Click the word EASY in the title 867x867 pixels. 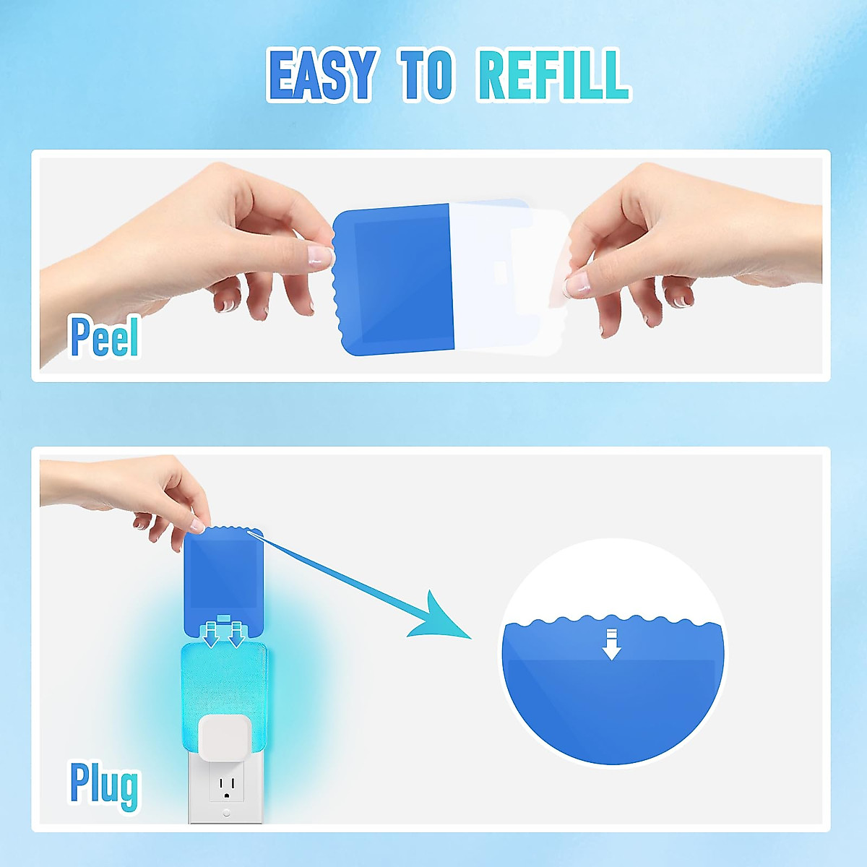[x=322, y=74]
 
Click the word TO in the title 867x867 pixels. [x=426, y=74]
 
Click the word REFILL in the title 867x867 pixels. [x=553, y=74]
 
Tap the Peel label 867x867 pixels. [x=104, y=337]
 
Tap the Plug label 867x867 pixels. [x=104, y=783]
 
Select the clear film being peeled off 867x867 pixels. [x=506, y=278]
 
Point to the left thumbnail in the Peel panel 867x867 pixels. [x=318, y=254]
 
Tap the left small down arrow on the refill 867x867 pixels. [x=211, y=636]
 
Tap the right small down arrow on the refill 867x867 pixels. [x=236, y=636]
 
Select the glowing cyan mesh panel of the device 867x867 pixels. [x=217, y=679]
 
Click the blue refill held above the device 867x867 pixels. [x=223, y=578]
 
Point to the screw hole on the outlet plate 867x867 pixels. [x=226, y=813]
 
